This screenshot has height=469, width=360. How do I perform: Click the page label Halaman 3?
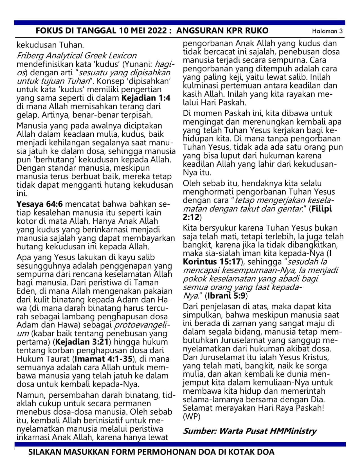coord(327,31)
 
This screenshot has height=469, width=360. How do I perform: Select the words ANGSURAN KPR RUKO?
coord(222,30)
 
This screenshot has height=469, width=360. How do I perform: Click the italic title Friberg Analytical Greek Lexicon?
coord(76,56)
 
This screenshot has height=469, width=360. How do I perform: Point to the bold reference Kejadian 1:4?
coord(146,98)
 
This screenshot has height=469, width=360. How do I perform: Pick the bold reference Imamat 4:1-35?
coord(103,359)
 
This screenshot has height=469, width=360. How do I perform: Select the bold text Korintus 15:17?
coord(212,262)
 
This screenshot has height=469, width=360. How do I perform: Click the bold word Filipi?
coord(321,209)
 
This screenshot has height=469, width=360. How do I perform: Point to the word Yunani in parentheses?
coord(139,64)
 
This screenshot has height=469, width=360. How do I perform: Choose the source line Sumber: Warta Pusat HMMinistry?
coord(250,431)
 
